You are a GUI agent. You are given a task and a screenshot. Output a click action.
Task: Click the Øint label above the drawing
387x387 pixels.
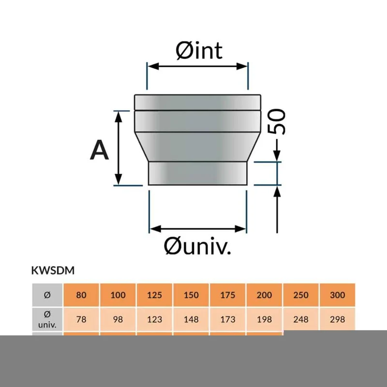point(199,51)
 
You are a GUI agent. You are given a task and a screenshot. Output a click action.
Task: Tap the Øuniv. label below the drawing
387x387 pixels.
point(197,246)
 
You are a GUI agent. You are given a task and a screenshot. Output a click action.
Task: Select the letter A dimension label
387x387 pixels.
point(99,150)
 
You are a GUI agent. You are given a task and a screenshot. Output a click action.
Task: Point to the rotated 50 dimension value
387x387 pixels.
point(276,121)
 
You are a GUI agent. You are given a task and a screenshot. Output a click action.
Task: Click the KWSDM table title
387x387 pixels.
point(53,270)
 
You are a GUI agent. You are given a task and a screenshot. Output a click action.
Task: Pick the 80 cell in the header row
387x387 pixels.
point(81,295)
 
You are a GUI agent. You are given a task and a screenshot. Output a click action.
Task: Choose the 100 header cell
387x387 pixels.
point(118,295)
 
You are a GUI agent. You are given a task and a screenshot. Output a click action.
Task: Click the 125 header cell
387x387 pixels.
point(154,295)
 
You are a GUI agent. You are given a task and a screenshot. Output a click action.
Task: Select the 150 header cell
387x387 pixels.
point(191,295)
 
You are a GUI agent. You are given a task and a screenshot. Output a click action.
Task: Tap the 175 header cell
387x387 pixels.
point(227,295)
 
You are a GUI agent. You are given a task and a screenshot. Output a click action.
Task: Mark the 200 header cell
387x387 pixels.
point(264,295)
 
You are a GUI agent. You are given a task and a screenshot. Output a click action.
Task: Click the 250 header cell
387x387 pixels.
point(301,295)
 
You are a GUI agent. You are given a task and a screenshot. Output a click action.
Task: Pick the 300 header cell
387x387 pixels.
point(337,295)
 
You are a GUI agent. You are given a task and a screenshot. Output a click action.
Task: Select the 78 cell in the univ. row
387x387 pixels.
point(81,319)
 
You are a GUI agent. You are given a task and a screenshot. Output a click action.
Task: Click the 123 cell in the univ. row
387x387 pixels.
point(154,319)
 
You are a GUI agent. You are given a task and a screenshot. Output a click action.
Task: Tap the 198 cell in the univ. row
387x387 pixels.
point(264,319)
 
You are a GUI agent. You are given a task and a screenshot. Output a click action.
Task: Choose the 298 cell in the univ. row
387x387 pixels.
point(337,319)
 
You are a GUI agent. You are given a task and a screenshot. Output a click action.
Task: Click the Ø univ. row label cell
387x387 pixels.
point(47,319)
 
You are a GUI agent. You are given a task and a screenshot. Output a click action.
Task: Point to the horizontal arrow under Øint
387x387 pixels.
point(197,66)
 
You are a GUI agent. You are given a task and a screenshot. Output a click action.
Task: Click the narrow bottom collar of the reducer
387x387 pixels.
point(197,173)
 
